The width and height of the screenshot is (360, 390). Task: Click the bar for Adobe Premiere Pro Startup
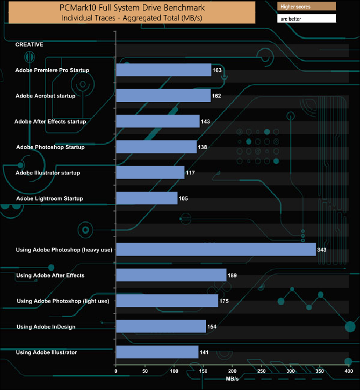click(x=164, y=70)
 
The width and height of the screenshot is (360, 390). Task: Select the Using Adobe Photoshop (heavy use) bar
click(x=216, y=250)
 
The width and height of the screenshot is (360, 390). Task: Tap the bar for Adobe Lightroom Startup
click(x=147, y=198)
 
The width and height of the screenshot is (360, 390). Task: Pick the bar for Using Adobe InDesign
click(x=161, y=327)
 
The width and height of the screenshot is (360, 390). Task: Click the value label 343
click(x=322, y=250)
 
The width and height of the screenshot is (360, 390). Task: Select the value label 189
click(x=233, y=275)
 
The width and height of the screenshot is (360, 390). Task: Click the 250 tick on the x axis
click(x=261, y=371)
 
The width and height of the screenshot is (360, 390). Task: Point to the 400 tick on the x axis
click(x=348, y=371)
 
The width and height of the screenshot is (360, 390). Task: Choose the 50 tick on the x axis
click(x=145, y=371)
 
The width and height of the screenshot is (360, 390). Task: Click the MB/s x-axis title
click(x=233, y=379)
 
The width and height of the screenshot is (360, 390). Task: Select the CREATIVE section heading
click(x=29, y=44)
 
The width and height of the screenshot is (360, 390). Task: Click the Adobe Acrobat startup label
click(x=53, y=96)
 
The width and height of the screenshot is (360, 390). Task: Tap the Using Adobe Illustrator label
click(x=47, y=352)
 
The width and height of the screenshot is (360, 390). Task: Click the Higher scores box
click(x=306, y=7)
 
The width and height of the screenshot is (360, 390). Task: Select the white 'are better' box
click(x=306, y=18)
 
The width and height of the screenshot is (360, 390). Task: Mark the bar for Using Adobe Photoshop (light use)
click(x=167, y=301)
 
